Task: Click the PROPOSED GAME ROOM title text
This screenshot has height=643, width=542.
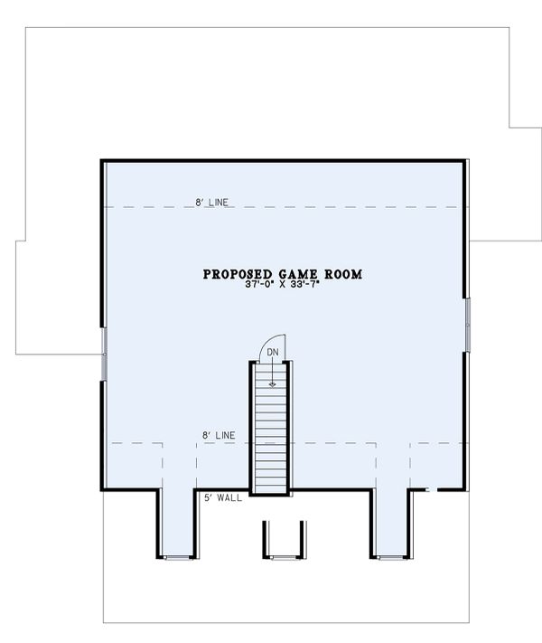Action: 282,273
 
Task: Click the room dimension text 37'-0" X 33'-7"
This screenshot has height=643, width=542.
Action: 282,285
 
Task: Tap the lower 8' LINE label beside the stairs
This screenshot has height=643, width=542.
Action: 219,437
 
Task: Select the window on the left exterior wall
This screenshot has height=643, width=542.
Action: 104,354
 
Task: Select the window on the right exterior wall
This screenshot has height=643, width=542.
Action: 468,322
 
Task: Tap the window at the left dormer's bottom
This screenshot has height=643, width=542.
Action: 178,557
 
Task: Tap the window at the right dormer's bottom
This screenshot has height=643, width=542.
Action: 390,557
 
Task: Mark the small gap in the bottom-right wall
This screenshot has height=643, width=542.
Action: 433,490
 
